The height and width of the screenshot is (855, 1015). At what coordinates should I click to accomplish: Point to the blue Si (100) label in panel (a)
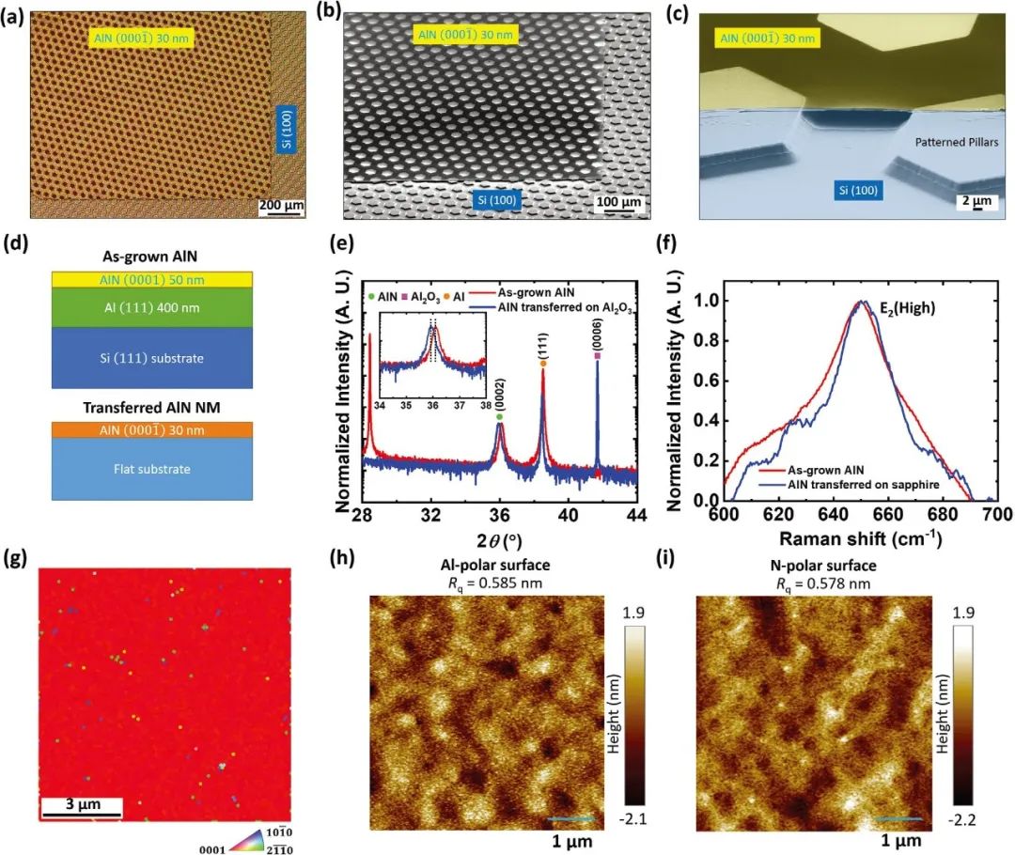tap(287, 128)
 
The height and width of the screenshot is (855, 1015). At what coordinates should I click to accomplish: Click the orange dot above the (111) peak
tap(544, 362)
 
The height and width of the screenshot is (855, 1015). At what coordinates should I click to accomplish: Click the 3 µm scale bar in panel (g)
tap(83, 806)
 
